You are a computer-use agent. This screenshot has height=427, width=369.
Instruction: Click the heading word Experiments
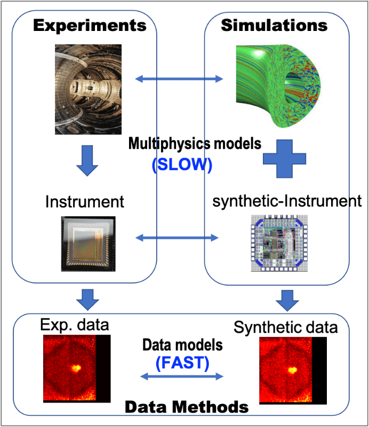point(89,25)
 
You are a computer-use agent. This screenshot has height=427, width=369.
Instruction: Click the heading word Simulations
point(274,25)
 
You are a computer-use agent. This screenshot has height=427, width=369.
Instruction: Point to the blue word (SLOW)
point(182,165)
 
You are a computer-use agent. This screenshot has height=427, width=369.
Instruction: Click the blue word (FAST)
point(182,363)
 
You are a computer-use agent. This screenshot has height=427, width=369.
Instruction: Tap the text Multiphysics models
point(195,143)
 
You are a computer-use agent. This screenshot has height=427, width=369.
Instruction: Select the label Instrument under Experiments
point(85,202)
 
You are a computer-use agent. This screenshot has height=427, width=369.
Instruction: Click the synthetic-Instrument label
point(287,201)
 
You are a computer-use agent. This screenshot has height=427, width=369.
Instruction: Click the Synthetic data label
point(285,327)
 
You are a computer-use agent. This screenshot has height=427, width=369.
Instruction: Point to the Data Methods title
point(187,407)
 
